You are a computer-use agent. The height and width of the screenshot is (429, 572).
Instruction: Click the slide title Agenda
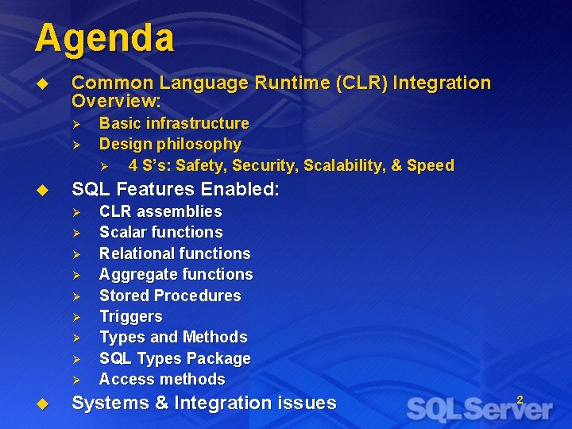click(x=104, y=37)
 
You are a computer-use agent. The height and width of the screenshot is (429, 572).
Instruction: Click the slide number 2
click(x=520, y=400)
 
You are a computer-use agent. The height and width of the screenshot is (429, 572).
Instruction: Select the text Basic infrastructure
click(x=173, y=123)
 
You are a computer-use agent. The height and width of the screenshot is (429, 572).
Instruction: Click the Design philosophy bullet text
click(x=170, y=144)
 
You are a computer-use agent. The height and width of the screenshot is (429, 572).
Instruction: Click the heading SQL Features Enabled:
click(x=175, y=189)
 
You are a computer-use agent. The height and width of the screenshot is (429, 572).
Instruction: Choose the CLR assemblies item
click(x=160, y=211)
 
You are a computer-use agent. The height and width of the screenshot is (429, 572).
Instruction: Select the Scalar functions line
click(x=160, y=232)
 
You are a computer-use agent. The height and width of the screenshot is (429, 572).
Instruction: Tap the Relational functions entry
click(x=174, y=253)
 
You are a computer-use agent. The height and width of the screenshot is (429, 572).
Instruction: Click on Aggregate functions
click(x=176, y=274)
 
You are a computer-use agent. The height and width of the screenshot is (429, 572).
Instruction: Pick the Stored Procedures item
click(x=169, y=296)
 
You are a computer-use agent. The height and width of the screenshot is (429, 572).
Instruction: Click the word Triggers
click(x=130, y=316)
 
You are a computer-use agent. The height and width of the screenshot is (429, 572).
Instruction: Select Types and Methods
click(x=172, y=337)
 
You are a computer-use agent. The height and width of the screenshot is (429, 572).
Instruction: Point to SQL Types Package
click(x=174, y=358)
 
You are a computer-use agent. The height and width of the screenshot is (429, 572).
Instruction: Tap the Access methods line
click(x=161, y=379)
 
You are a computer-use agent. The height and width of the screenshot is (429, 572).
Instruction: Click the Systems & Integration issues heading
click(x=203, y=403)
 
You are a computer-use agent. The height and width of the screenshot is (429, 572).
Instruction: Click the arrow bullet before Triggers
click(x=77, y=317)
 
